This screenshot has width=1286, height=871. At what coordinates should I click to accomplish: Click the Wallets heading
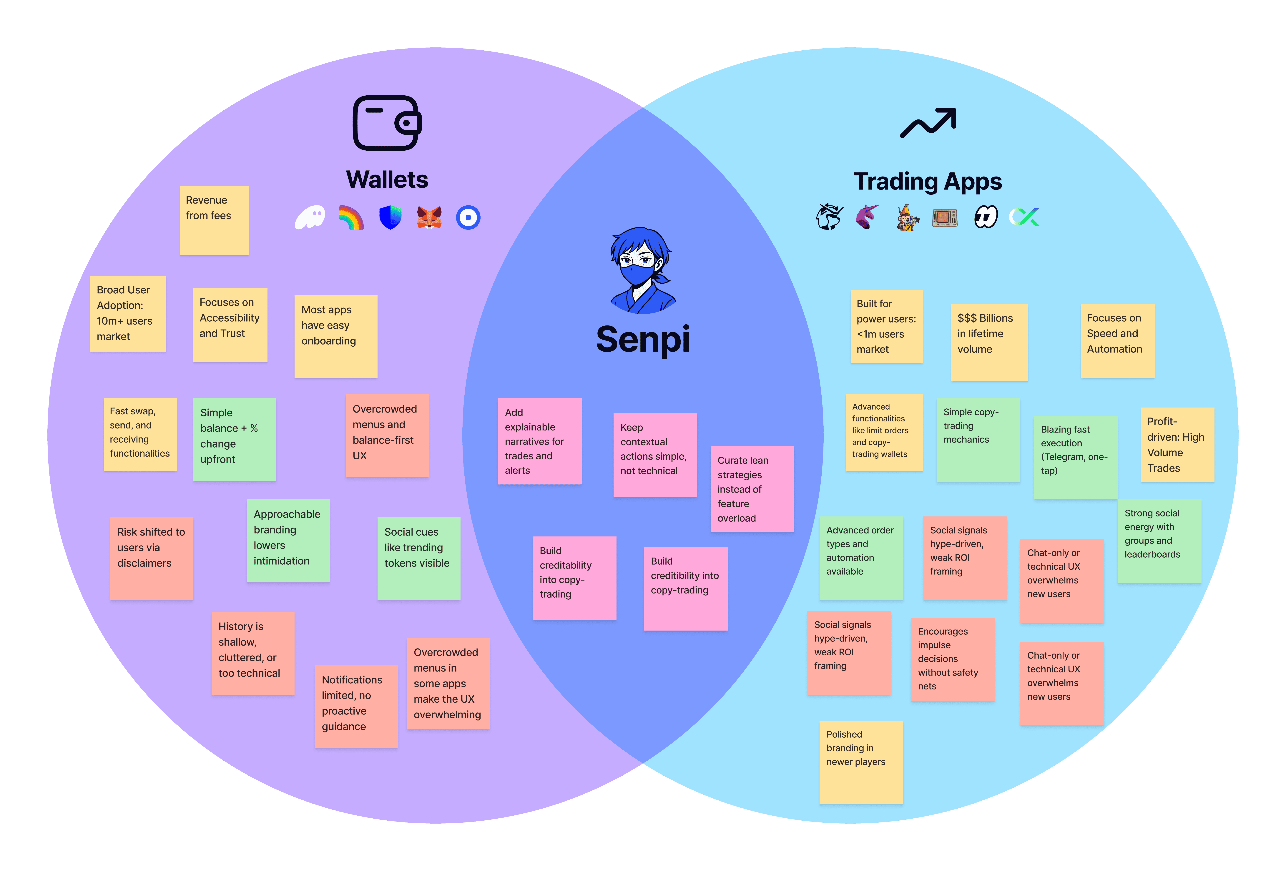point(387,180)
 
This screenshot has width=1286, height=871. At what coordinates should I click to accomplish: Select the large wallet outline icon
point(387,123)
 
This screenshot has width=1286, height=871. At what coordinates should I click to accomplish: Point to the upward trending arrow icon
point(928,123)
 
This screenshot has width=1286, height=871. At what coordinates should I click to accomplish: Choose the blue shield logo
point(390,217)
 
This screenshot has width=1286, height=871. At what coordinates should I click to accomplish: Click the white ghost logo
point(310,217)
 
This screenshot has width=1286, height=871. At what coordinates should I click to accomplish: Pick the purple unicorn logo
point(867,216)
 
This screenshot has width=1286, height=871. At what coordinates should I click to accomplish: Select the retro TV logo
point(945,217)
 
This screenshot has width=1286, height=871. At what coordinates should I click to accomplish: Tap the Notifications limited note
point(356,706)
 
